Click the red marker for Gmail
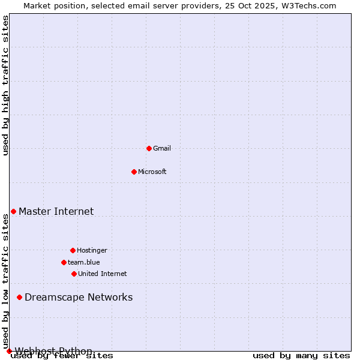tap(149, 148)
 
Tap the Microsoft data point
tap(134, 172)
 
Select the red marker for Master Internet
tap(13, 211)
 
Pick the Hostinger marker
tap(73, 250)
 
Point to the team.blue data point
tap(64, 262)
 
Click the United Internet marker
tap(74, 274)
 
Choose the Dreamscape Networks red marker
tap(19, 297)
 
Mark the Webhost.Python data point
tap(9, 351)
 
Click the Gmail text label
tap(162, 148)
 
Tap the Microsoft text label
tap(152, 172)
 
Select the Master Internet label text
tap(56, 211)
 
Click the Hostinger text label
tap(92, 250)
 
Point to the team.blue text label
tap(84, 262)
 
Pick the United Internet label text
tap(103, 274)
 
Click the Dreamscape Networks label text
tap(79, 297)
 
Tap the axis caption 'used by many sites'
tap(301, 356)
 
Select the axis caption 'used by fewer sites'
tap(62, 356)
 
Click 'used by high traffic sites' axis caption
tap(6, 85)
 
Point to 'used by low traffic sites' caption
tap(6, 282)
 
